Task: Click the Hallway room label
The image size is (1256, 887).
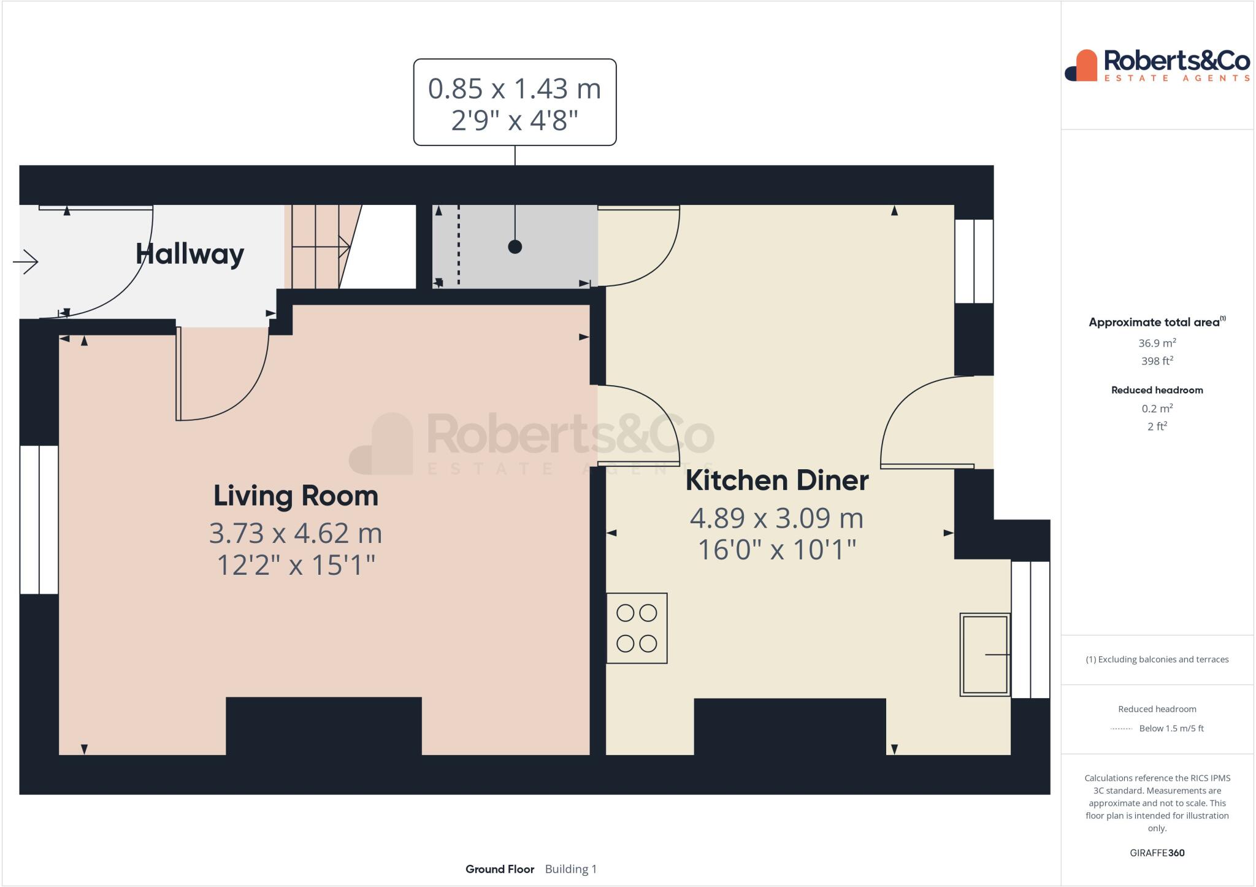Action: pos(190,254)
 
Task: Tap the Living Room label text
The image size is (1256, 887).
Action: pos(296,496)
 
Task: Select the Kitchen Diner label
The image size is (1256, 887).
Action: pos(776,480)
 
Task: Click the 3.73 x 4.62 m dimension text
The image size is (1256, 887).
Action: pos(296,533)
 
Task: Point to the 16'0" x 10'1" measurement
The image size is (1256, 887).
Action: pos(776,550)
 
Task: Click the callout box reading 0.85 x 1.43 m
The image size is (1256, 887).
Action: pos(515,102)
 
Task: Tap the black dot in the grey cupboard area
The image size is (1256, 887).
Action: pos(515,247)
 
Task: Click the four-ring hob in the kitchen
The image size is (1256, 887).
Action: pos(637,628)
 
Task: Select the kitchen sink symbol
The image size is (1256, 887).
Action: pos(984,655)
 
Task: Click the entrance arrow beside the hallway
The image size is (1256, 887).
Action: pos(26,263)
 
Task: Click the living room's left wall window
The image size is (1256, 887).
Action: pos(39,520)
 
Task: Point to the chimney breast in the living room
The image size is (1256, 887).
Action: pos(324,726)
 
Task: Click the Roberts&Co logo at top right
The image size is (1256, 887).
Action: pos(1157,65)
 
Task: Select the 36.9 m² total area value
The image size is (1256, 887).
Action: pos(1157,343)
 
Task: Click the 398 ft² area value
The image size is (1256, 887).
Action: pos(1157,361)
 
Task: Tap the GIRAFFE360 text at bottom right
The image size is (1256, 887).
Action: pos(1157,853)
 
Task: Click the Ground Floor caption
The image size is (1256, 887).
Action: pos(500,869)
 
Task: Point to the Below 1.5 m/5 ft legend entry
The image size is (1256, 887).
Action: pos(1171,729)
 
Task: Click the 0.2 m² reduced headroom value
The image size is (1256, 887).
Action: pos(1157,409)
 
